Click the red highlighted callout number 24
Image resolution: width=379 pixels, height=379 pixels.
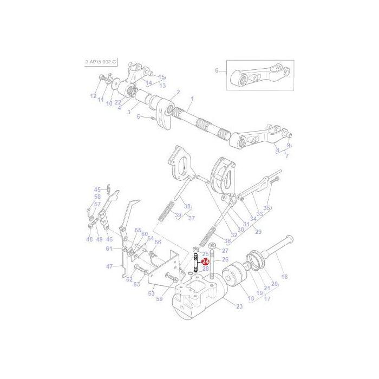[x=205, y=262]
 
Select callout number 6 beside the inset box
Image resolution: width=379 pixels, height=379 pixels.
[x=217, y=71]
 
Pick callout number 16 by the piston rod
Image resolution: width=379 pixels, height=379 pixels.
[x=284, y=277]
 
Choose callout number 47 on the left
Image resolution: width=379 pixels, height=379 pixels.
[x=110, y=266]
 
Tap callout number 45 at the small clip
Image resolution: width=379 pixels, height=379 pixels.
[x=97, y=190]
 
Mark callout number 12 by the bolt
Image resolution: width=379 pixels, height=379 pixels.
[x=93, y=96]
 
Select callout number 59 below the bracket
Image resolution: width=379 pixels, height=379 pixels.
[x=159, y=298]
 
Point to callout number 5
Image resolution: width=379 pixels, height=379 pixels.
[x=138, y=116]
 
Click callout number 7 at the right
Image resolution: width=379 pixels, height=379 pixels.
[x=287, y=156]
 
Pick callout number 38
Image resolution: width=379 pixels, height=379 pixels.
[x=187, y=206]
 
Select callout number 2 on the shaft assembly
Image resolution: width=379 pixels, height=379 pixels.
[x=178, y=93]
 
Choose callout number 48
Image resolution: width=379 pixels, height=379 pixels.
[x=89, y=239]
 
